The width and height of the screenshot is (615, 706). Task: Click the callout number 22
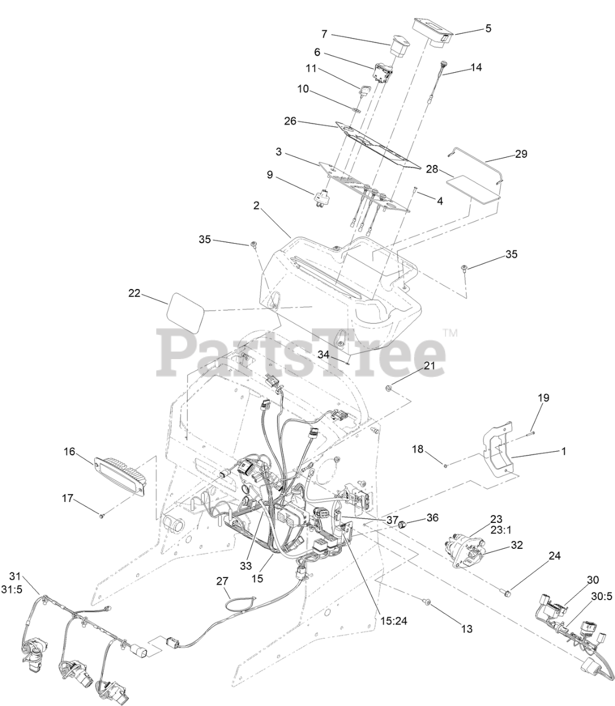134,293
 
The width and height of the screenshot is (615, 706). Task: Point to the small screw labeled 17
102,516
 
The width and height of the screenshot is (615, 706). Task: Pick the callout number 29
521,154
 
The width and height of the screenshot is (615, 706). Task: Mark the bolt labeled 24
507,593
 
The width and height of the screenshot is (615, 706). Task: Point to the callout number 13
467,628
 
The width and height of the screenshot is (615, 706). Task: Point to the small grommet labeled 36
403,523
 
